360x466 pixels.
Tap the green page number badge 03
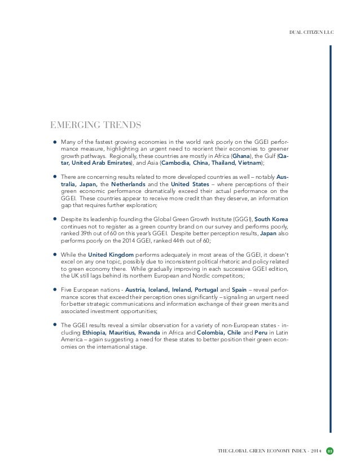[331, 450]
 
